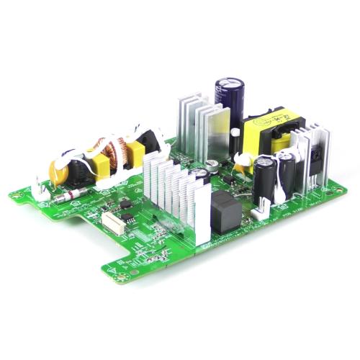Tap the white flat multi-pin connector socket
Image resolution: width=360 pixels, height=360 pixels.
(112, 219)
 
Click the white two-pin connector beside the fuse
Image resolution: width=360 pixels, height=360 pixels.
(41, 190)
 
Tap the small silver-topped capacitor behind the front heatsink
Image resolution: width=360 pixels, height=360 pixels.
(212, 166)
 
